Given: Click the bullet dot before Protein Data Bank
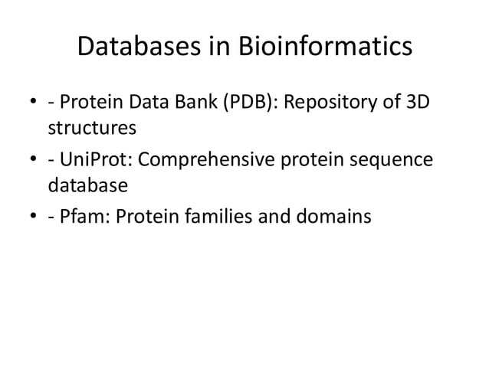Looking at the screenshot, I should point(33,103).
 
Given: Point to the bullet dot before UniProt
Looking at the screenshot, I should point(33,161).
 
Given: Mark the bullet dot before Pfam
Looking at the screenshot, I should point(33,218).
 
